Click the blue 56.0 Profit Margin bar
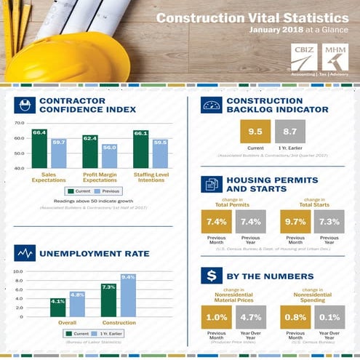(109, 156)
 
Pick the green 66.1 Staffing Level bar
(142, 148)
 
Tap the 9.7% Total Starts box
(295, 221)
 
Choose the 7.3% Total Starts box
(329, 221)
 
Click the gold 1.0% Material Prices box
(216, 317)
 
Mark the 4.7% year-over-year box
(250, 317)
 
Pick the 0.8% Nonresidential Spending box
(295, 317)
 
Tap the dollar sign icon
(211, 275)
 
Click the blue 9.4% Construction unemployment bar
(128, 295)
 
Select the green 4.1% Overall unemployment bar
(58, 308)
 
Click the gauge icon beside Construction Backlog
(211, 105)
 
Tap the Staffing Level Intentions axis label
(151, 180)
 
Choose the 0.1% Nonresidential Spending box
(329, 317)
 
